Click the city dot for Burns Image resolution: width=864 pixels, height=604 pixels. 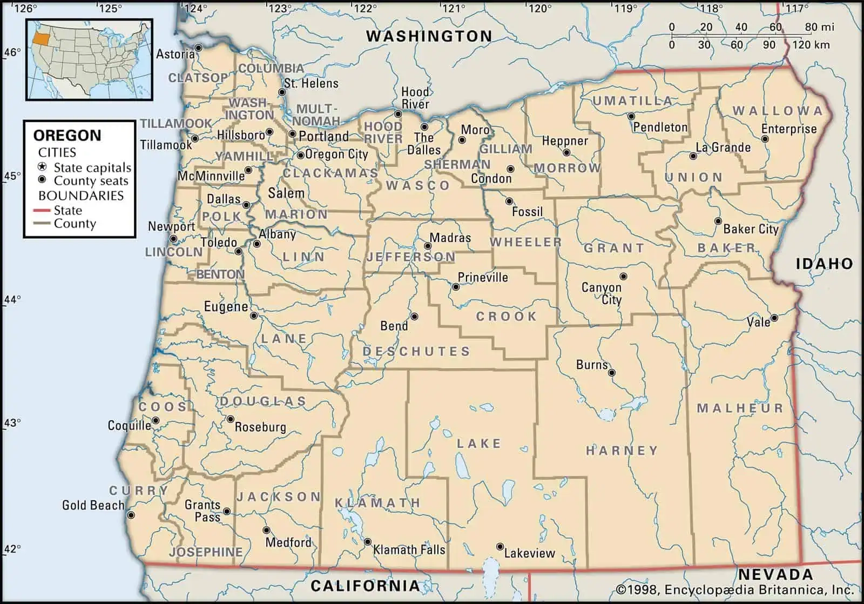pos(611,372)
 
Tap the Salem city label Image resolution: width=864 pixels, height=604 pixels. pos(286,193)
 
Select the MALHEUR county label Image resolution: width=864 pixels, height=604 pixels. pos(740,408)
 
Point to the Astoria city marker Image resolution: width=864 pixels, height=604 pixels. pos(198,48)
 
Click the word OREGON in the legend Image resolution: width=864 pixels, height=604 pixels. pos(67,135)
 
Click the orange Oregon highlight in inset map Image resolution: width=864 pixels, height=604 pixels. pos(39,37)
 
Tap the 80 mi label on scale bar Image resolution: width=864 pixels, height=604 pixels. pos(819,27)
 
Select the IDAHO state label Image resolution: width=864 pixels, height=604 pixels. pos(824,264)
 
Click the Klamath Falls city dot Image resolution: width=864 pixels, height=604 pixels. pos(367,541)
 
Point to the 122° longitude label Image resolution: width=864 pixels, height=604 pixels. pos(364,8)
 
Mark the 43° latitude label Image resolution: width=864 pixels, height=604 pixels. pos(12,422)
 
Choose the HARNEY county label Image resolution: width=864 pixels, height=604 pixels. pos(622,450)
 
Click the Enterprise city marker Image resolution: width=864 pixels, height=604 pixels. pos(765,139)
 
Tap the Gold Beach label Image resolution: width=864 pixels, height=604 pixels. pos(93,505)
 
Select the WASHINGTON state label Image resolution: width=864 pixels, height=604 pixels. pos(429,36)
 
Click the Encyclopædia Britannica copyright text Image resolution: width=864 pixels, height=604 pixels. pos(734,589)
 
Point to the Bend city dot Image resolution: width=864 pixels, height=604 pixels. pos(414,317)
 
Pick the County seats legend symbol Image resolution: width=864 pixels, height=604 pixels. pos(42,180)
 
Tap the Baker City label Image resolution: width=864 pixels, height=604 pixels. pos(751,229)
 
